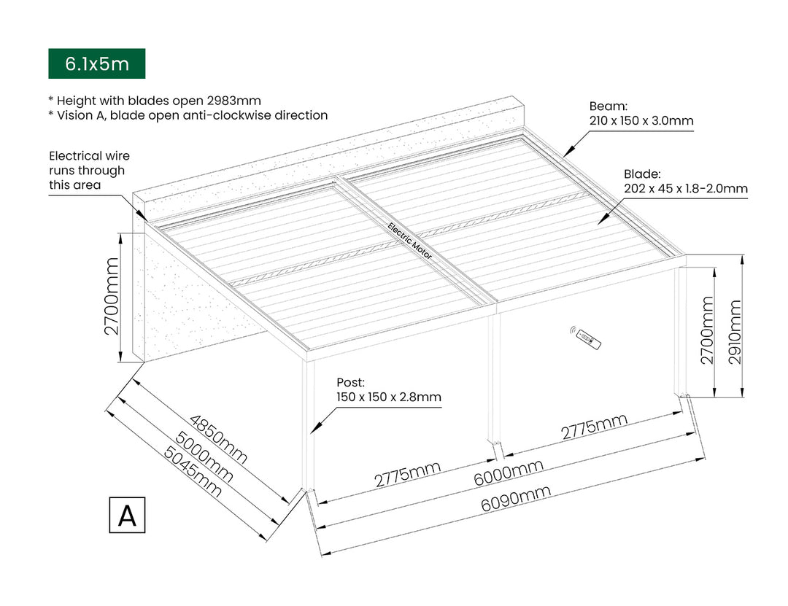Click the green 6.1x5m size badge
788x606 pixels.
(96, 63)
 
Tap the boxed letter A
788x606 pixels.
(127, 515)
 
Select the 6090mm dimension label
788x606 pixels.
(517, 502)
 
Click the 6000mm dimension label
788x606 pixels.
(509, 473)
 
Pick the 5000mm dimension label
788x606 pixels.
(205, 457)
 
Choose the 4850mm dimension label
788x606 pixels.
(219, 440)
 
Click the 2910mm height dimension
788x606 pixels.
(735, 328)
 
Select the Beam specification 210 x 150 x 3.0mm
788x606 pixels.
(641, 120)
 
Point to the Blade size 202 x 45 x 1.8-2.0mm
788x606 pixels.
(685, 189)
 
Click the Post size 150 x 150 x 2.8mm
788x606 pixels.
(388, 397)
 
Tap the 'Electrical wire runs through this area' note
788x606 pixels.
(89, 170)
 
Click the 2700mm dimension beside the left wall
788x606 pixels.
(111, 296)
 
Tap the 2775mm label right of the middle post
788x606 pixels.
(594, 427)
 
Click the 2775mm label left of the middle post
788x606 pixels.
(408, 475)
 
